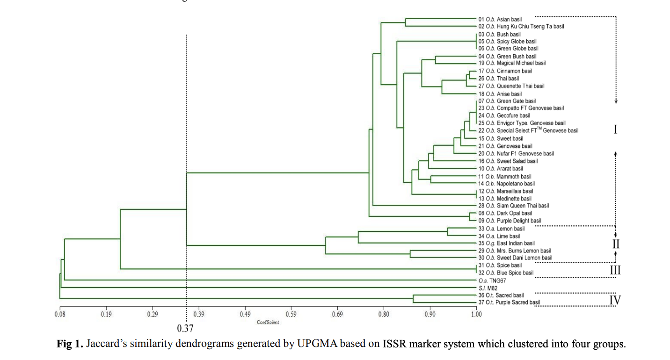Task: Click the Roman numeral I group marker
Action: (615, 130)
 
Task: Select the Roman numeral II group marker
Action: (616, 244)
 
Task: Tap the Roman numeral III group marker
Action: (615, 270)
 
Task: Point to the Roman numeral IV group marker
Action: (615, 300)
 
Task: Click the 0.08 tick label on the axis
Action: (60, 314)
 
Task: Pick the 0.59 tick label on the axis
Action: (291, 314)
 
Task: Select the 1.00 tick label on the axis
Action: (476, 314)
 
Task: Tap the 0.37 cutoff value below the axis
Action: (185, 328)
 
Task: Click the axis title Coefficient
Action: (268, 323)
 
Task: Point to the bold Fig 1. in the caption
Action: (70, 345)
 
